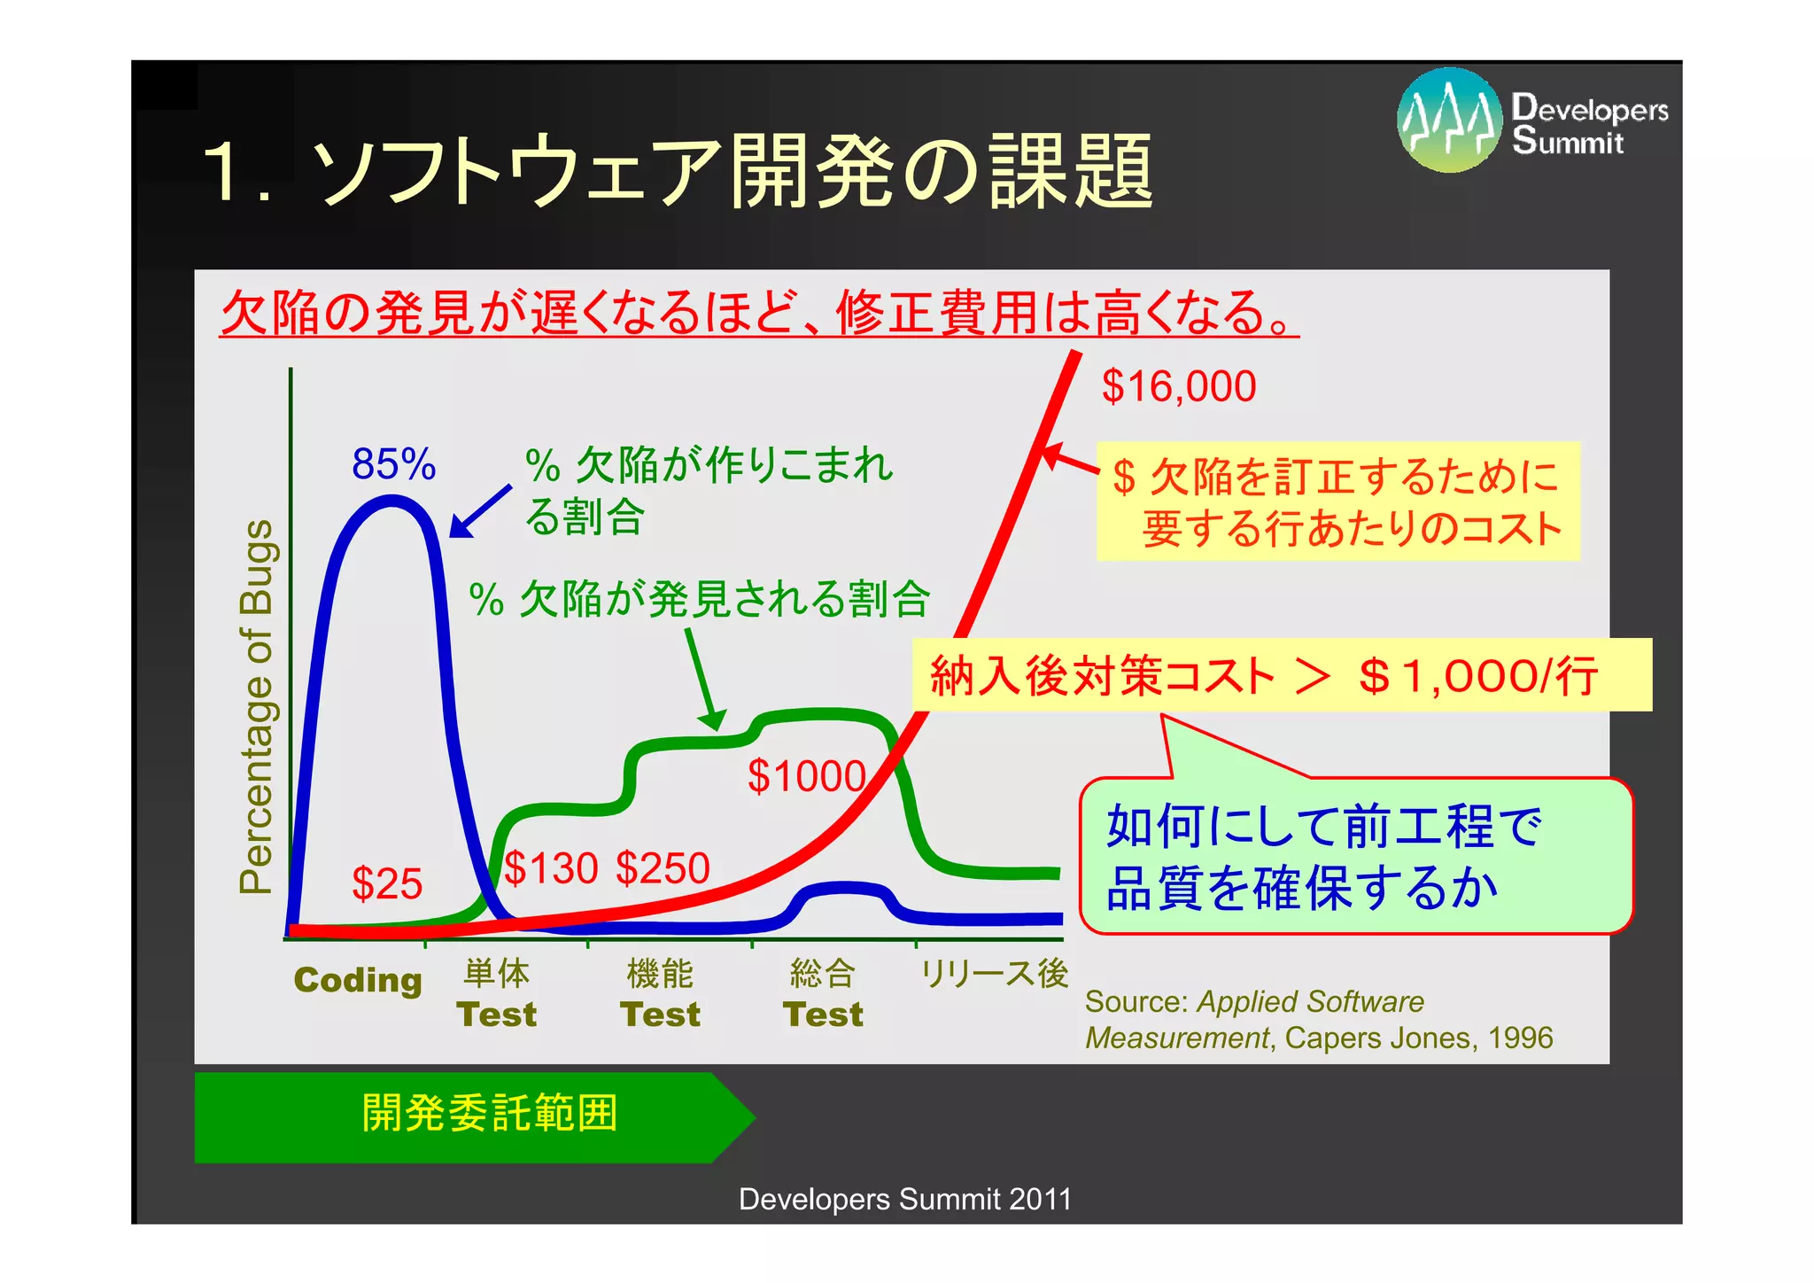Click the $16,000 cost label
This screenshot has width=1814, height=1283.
1178,387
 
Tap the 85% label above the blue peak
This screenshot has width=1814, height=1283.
393,464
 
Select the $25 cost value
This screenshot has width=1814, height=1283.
387,883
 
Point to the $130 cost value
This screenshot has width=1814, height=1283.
551,867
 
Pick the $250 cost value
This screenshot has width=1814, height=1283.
663,867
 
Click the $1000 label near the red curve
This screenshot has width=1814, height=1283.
806,776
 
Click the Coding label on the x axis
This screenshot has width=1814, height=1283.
358,980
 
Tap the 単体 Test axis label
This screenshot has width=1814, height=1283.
497,994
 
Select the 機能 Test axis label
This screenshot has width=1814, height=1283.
660,994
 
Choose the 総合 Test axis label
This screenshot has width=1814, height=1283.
823,994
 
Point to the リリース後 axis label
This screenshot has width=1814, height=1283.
994,974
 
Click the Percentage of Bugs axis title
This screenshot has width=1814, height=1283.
257,706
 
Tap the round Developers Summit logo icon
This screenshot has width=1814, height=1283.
1449,120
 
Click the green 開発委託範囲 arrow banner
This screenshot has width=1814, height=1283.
469,1116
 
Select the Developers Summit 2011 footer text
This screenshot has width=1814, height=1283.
904,1199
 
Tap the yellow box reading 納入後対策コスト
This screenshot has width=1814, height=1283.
1281,675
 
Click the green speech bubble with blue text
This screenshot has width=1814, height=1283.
1355,856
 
